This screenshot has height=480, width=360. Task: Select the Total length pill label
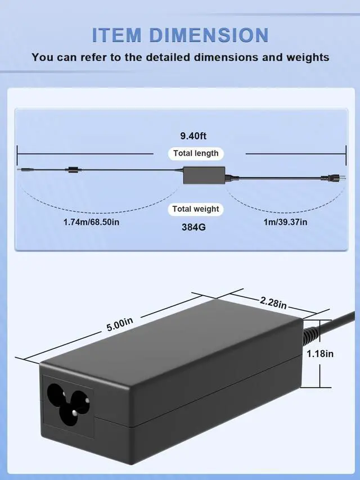coord(195,153)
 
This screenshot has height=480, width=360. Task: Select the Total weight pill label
coord(195,209)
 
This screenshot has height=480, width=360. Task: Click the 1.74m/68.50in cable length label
coord(91,222)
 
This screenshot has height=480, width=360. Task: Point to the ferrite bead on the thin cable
coord(71,169)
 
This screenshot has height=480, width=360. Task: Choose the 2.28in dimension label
coord(273,302)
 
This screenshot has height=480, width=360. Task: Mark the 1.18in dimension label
coord(320,354)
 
